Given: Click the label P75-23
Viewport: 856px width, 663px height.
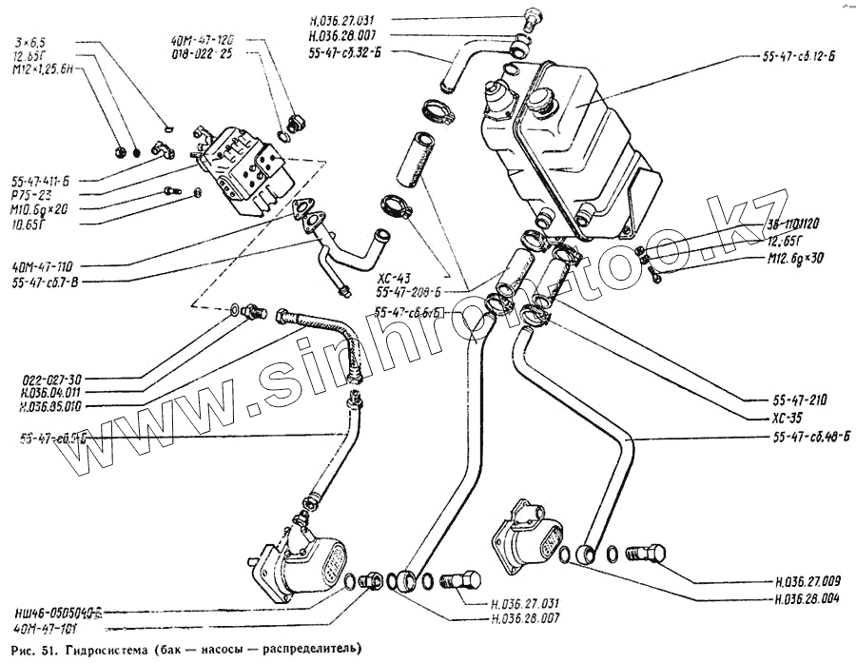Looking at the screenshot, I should (x=32, y=192).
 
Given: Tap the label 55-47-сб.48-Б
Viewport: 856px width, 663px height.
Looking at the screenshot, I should (x=804, y=437).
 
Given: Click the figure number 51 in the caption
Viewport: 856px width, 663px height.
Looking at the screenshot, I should (x=49, y=650).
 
